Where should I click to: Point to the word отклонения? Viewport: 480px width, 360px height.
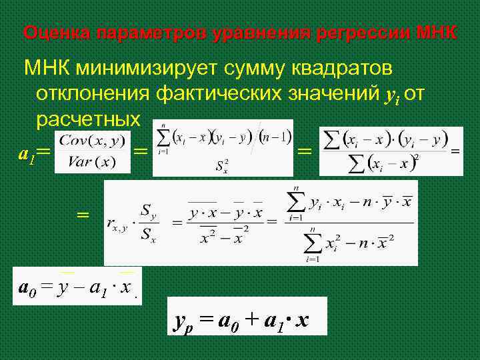[94, 94]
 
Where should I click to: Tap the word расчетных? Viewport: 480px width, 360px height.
[89, 119]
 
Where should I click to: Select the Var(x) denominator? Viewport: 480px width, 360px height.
[91, 163]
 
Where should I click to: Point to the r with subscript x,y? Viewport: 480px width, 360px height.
[117, 224]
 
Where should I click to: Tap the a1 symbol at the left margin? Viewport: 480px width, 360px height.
[26, 155]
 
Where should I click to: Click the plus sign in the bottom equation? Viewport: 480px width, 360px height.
[250, 321]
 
